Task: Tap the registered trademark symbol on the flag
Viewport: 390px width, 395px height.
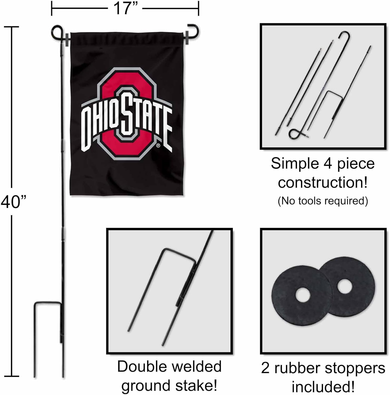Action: pyautogui.click(x=158, y=145)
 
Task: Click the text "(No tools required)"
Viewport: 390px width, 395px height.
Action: pyautogui.click(x=323, y=201)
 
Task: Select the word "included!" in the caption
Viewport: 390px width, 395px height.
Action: pyautogui.click(x=323, y=387)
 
